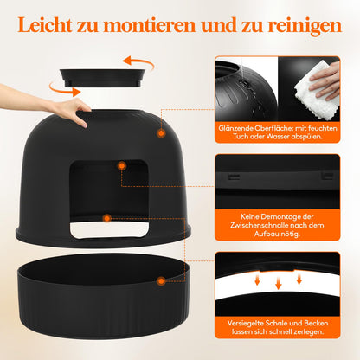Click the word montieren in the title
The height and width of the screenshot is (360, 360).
pyautogui.click(x=158, y=26)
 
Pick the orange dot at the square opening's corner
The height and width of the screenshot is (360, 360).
pyautogui.click(x=123, y=164)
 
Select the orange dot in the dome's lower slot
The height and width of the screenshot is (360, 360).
pyautogui.click(x=106, y=220)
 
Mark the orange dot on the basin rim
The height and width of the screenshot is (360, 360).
pyautogui.click(x=161, y=280)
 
